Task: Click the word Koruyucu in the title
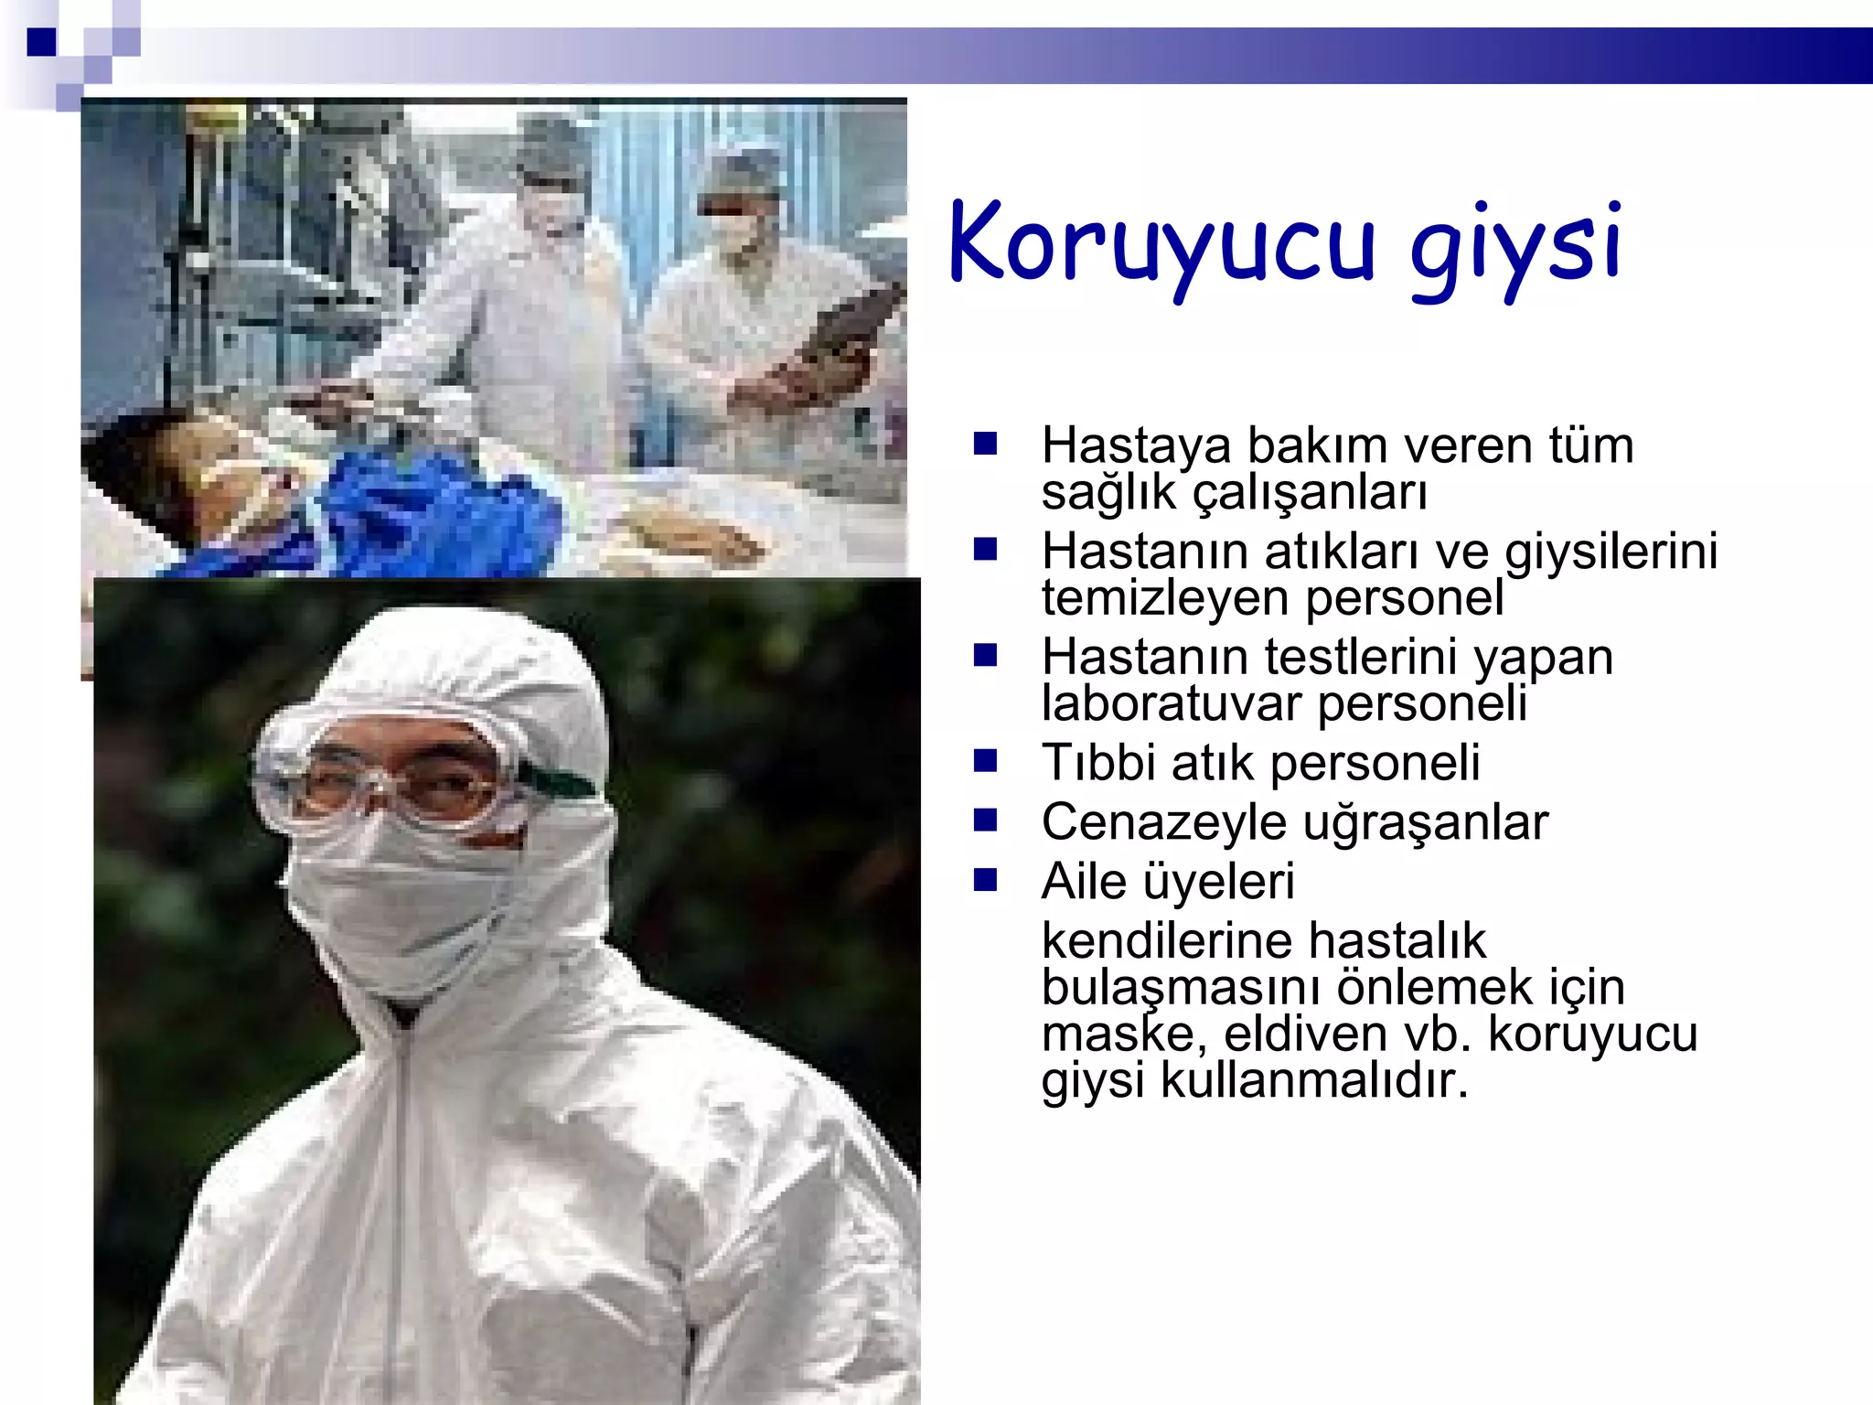pos(1161,242)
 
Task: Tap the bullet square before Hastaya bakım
pos(985,445)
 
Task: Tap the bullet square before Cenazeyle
pos(985,820)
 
